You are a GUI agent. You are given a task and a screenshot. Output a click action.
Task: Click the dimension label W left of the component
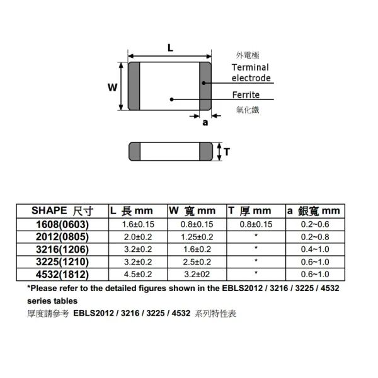pos(112,88)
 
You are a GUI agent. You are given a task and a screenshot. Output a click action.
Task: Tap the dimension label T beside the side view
pos(227,151)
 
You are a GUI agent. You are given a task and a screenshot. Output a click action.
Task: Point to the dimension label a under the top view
pos(204,123)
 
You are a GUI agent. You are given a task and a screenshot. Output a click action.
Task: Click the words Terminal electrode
pos(251,72)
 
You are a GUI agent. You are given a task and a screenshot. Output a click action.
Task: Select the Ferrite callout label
pos(245,95)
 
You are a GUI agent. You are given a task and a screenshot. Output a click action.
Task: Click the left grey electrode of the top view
pos(134,88)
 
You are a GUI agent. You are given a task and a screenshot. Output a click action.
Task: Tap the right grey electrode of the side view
pos(207,151)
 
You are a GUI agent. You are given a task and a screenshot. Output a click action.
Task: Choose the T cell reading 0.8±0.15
pos(255,224)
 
